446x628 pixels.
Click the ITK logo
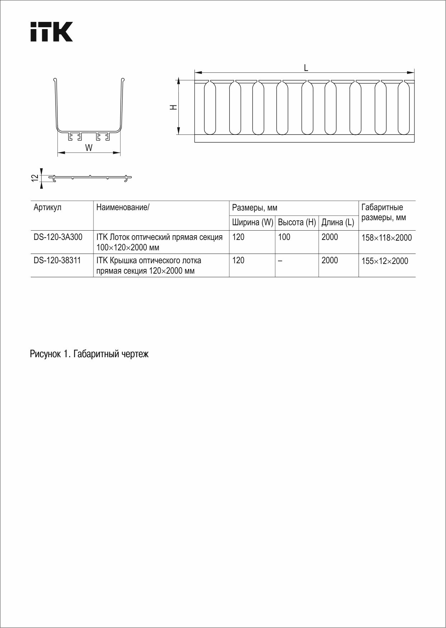coord(51,32)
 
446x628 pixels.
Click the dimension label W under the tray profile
coord(89,148)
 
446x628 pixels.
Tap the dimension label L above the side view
coord(306,67)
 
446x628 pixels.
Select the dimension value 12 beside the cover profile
coord(35,178)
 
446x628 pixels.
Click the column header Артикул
coord(47,207)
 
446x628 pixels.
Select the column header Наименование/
coord(123,207)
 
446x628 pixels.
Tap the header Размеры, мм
coord(255,208)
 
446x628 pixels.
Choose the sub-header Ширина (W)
coord(253,222)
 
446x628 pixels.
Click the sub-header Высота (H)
coord(297,222)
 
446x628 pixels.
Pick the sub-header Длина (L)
coord(337,222)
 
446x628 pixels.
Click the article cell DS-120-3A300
coord(58,237)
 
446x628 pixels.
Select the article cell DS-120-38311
coord(57,260)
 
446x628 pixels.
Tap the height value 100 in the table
coord(284,237)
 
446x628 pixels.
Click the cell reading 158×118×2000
coord(387,238)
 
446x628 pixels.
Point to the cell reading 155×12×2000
coord(385,261)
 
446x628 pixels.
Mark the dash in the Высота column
coord(280,261)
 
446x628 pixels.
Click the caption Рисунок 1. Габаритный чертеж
coord(89,354)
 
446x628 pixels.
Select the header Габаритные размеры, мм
coord(384,212)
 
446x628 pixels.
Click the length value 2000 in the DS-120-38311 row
coord(330,260)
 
